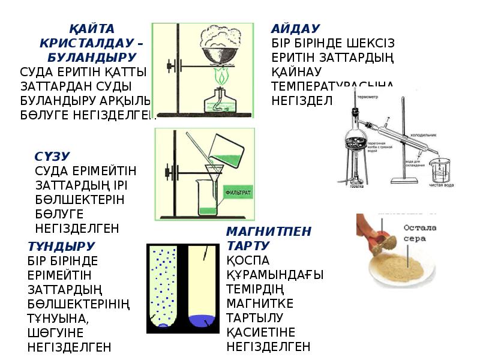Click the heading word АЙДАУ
click(x=295, y=29)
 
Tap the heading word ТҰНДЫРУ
click(x=61, y=246)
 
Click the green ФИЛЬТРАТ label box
click(x=238, y=193)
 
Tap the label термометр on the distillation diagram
click(x=368, y=96)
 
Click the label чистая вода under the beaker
click(x=441, y=185)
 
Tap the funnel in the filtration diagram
click(x=214, y=172)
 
